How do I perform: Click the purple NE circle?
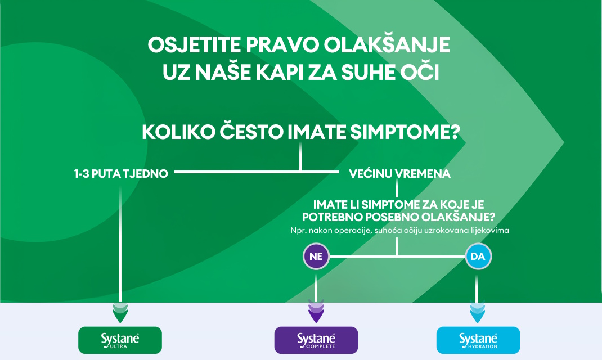[x=316, y=256]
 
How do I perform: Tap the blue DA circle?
[x=478, y=256]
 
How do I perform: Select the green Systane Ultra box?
[x=120, y=340]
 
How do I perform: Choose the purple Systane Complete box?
[x=316, y=340]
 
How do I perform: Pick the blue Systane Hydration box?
[x=478, y=340]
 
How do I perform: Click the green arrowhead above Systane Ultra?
[x=120, y=312]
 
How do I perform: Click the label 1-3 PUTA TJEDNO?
[x=121, y=173]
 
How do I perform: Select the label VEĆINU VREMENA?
[x=399, y=173]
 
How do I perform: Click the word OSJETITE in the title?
[x=194, y=45]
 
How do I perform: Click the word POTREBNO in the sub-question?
[x=332, y=217]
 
